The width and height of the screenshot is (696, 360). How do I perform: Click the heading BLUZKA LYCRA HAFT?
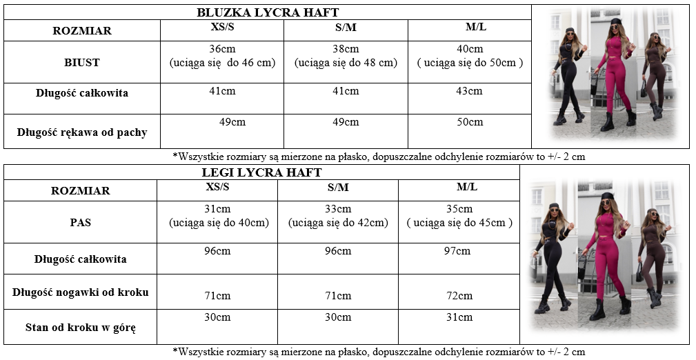(268, 12)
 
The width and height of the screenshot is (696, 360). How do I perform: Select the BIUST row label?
(82, 62)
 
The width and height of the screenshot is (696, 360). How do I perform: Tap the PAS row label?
(81, 223)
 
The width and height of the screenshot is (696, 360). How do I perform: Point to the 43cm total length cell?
(470, 91)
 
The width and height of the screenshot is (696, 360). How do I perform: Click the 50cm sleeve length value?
(470, 122)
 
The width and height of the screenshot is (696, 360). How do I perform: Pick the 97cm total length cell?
(457, 251)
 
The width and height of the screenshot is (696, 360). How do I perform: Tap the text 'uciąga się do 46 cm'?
(222, 63)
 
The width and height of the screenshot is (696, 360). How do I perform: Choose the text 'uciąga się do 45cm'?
(459, 223)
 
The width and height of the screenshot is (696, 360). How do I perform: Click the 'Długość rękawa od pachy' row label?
(82, 132)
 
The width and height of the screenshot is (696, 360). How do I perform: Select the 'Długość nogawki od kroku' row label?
(81, 292)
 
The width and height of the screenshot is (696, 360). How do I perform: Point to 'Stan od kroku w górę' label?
(81, 328)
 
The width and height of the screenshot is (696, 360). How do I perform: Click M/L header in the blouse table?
(477, 27)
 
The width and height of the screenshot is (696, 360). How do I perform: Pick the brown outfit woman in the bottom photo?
(652, 255)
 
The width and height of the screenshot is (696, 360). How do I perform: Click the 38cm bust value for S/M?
(346, 49)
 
